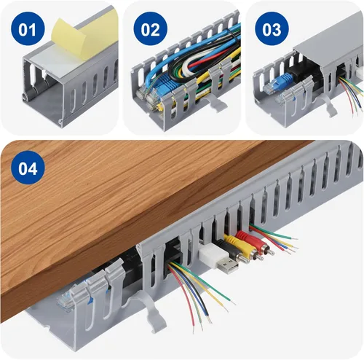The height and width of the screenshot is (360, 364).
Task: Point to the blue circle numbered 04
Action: point(28,168)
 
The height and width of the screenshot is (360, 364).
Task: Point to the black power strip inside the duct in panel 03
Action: point(304,69)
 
